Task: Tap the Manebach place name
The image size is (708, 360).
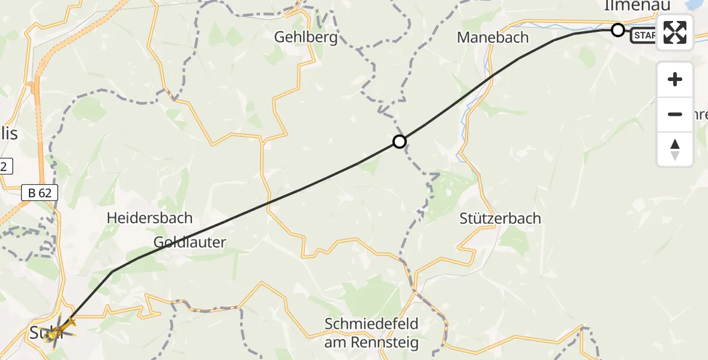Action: (493, 37)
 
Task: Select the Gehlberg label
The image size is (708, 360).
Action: (306, 37)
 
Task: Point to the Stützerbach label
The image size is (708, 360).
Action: (500, 218)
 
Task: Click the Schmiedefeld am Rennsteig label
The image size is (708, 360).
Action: (371, 334)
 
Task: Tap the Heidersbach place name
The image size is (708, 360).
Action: (150, 218)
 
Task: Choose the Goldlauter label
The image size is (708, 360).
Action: (190, 242)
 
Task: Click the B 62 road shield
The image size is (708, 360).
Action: (40, 193)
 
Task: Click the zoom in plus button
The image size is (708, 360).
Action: (675, 79)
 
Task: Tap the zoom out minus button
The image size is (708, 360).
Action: (675, 114)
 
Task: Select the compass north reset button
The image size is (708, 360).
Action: (675, 149)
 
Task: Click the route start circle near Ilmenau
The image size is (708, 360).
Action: (617, 30)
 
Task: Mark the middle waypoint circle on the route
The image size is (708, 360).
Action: (400, 142)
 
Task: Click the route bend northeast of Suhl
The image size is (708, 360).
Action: (112, 272)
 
